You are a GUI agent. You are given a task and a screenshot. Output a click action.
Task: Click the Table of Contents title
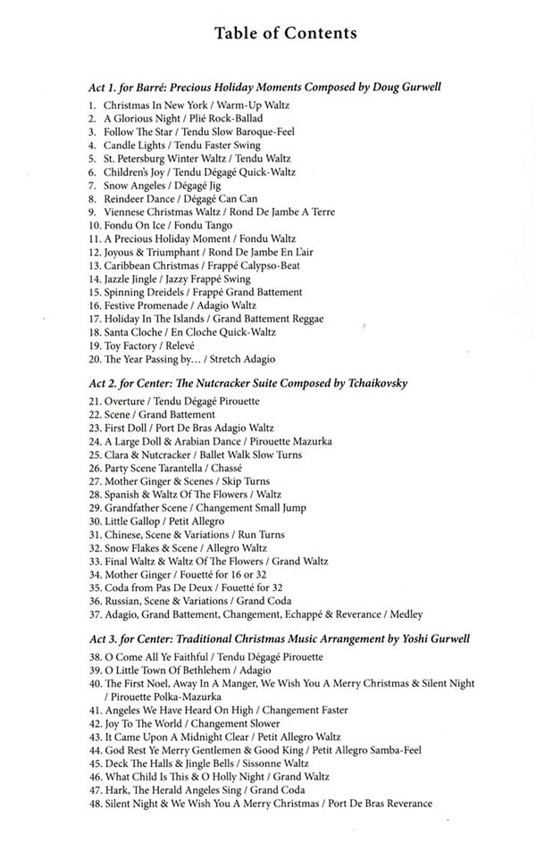tap(286, 33)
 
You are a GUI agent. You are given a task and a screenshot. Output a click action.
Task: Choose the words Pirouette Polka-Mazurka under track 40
tap(164, 696)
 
